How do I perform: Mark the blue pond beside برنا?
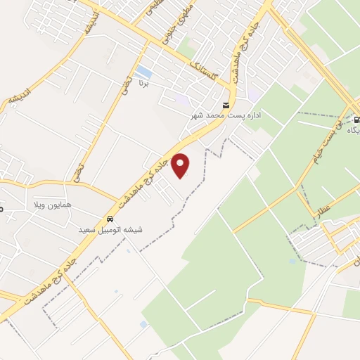143,72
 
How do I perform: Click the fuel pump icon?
356,119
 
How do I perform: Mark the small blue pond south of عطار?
292,262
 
